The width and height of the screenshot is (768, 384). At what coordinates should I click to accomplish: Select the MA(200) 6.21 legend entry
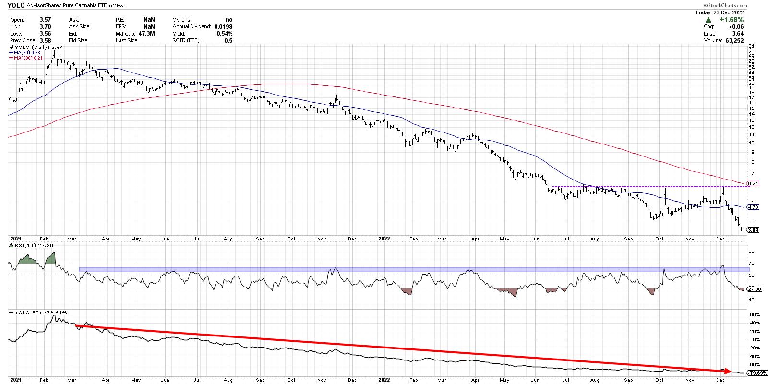(x=25, y=58)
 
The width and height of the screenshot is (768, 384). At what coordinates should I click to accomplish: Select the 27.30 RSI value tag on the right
(x=752, y=289)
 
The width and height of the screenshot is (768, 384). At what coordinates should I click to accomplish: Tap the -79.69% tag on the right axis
(x=755, y=373)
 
